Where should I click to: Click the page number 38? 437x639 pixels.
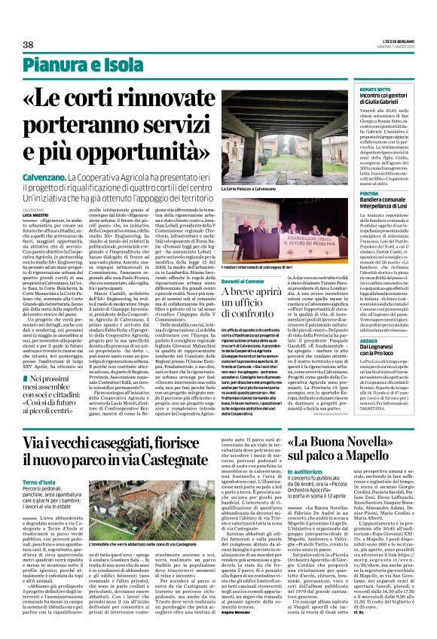pos(29,44)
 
